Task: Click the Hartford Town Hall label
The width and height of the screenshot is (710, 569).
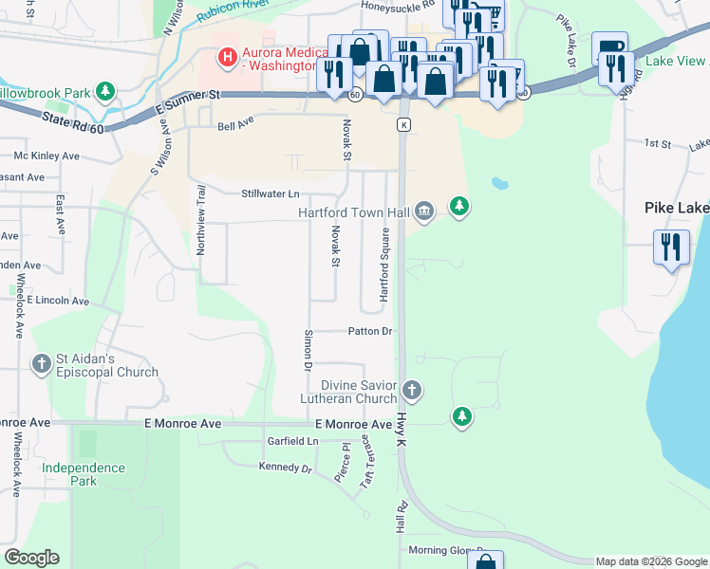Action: [354, 212]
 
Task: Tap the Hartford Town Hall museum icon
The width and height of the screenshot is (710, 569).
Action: [425, 211]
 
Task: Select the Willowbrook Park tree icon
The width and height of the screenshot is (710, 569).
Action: [105, 92]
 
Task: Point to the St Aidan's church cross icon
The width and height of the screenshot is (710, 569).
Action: [41, 363]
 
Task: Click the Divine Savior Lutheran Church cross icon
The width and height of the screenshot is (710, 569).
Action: [411, 390]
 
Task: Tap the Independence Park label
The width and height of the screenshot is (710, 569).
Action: [84, 474]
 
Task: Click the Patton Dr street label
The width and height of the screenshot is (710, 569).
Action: [370, 332]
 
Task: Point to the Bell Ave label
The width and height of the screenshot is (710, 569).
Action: [236, 126]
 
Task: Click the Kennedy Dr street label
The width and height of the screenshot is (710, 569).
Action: [286, 468]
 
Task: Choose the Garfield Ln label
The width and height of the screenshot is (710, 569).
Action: [292, 441]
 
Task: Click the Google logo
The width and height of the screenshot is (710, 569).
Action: [31, 558]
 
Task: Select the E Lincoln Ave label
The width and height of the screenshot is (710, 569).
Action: [57, 301]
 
